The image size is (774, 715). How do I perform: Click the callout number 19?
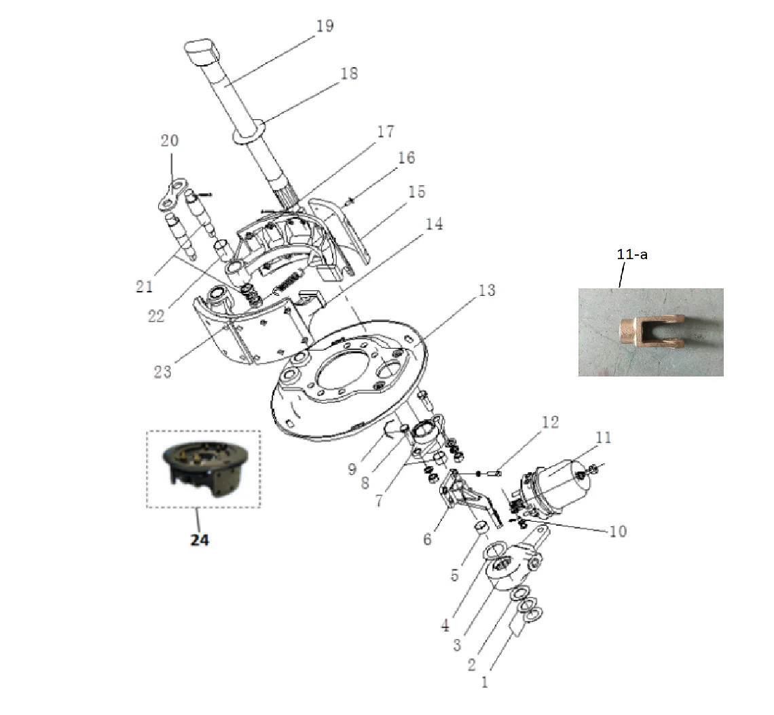pyautogui.click(x=325, y=26)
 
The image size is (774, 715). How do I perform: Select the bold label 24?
pyautogui.click(x=200, y=540)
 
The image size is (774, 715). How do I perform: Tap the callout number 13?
pyautogui.click(x=487, y=291)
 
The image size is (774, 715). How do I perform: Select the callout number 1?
pyautogui.click(x=485, y=682)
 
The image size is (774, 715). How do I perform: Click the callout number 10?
pyautogui.click(x=617, y=531)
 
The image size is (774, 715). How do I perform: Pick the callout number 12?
pyautogui.click(x=550, y=423)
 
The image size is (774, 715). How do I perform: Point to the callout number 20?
pyautogui.click(x=170, y=140)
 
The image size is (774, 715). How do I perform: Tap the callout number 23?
pyautogui.click(x=163, y=371)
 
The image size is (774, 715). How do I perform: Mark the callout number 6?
pyautogui.click(x=427, y=539)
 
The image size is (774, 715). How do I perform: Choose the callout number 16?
pyautogui.click(x=407, y=158)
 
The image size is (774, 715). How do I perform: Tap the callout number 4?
pyautogui.click(x=445, y=625)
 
